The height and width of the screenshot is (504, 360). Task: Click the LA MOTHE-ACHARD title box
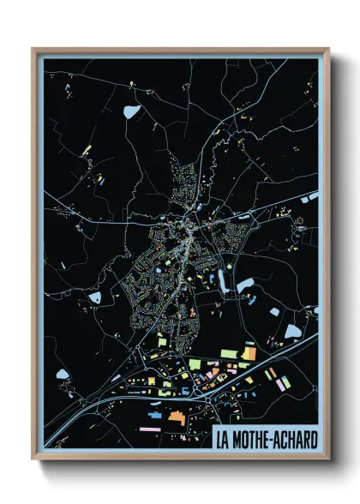(x=266, y=440)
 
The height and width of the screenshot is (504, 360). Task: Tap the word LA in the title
(x=224, y=441)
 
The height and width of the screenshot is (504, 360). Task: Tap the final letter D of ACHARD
(x=313, y=441)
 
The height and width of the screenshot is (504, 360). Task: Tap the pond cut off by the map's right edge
(x=314, y=196)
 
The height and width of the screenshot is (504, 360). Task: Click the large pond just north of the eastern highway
(x=292, y=331)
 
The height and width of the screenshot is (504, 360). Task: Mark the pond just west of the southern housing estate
(x=95, y=297)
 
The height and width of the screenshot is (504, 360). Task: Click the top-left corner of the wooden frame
(x=33, y=49)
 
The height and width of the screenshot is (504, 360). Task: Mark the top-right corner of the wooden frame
(x=328, y=49)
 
